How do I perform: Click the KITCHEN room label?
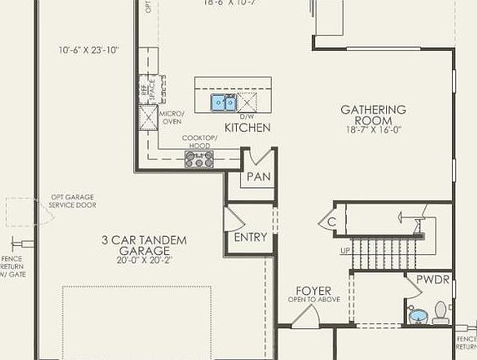(247, 127)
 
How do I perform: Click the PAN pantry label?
(258, 177)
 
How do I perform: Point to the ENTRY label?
(250, 237)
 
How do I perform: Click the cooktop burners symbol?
(199, 159)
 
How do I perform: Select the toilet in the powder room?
(440, 317)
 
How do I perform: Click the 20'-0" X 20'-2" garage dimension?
(144, 260)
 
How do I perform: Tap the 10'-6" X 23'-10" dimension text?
(89, 50)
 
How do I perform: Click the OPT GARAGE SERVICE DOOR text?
(73, 202)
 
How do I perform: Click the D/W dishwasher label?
(246, 117)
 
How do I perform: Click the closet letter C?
(331, 222)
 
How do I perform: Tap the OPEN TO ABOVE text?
(314, 300)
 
